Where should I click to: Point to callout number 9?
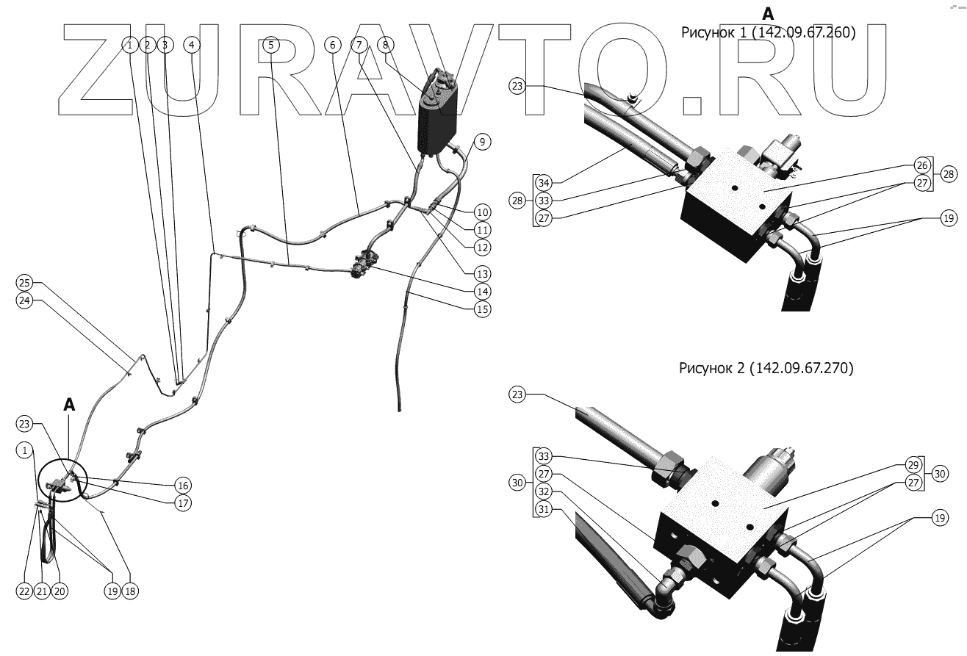pos(481,142)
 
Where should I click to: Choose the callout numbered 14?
pos(482,290)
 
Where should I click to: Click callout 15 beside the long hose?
pos(482,309)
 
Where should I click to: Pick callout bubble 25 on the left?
pos(24,283)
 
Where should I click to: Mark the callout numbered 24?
pos(24,300)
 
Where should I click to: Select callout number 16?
pos(182,485)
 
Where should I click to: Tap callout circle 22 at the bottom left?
pos(24,591)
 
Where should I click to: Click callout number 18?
pos(131,591)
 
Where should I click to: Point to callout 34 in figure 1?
pos(543,182)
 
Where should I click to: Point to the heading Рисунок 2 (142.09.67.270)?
pos(766,368)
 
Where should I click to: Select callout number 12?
pos(482,248)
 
